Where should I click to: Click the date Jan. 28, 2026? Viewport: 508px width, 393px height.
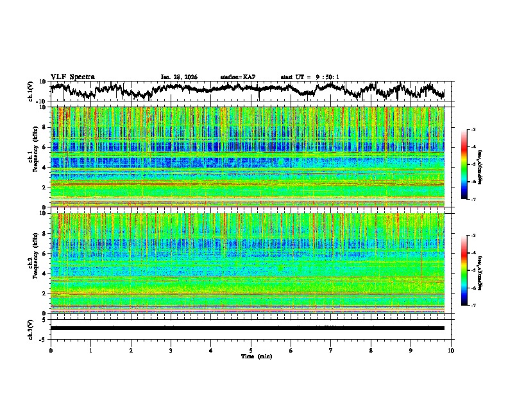(179, 77)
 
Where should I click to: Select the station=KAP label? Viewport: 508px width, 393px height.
(238, 77)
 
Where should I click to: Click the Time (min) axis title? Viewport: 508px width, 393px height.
(251, 356)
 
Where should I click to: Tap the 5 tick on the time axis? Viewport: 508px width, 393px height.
(251, 350)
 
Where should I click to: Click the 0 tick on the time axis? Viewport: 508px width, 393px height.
(51, 350)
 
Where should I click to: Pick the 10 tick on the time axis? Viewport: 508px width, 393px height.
(451, 350)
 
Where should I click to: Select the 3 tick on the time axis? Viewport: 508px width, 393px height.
(171, 350)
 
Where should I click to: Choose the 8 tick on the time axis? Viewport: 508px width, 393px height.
(371, 350)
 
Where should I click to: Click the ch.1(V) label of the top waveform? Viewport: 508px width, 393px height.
(31, 91)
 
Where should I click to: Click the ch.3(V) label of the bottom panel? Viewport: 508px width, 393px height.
(31, 328)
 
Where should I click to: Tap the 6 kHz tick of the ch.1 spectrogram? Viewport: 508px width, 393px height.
(46, 148)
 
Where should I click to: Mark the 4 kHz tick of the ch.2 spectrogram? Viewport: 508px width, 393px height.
(46, 274)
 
